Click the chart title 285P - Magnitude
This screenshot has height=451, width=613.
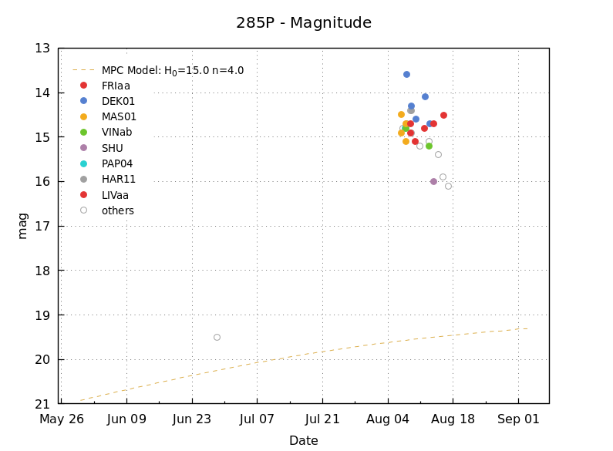click(x=304, y=23)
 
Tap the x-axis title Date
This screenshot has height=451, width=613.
click(x=303, y=441)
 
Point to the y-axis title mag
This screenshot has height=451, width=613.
click(x=22, y=226)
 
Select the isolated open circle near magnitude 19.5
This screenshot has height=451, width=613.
click(x=217, y=337)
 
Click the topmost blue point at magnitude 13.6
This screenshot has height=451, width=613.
click(x=406, y=74)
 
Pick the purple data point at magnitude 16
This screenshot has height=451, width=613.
click(x=433, y=181)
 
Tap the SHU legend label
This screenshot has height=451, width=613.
click(x=112, y=148)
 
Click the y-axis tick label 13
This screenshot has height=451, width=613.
click(x=42, y=49)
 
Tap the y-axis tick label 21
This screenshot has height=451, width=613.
click(x=42, y=404)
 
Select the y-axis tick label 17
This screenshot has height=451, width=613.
click(x=42, y=226)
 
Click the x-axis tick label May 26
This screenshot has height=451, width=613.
click(x=62, y=419)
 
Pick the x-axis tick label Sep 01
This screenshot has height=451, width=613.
click(x=518, y=419)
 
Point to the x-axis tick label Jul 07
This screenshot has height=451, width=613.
click(x=257, y=419)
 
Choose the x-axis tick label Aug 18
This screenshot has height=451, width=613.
click(x=453, y=419)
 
